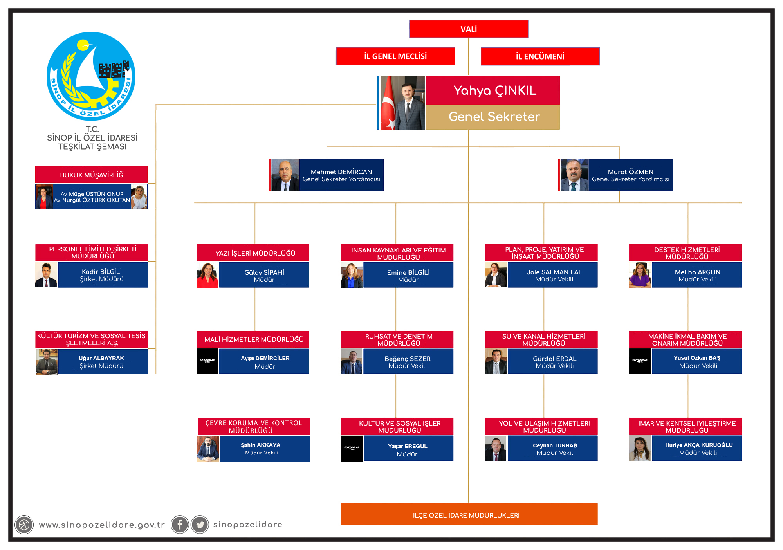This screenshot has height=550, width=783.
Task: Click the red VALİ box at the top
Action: pos(469,29)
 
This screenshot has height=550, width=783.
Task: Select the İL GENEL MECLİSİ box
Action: pos(395,56)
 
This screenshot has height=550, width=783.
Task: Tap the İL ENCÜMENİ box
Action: pos(540,56)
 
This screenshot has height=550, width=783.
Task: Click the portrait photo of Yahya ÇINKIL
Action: pos(402,103)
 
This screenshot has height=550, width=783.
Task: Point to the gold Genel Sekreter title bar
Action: pos(493,117)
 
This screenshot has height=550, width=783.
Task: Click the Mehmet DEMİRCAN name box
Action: pos(341,175)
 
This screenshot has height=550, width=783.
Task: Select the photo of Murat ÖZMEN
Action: pos(574,175)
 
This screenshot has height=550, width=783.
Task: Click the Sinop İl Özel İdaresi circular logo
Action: pos(91,76)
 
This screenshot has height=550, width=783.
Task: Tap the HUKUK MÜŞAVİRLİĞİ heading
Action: pos(92,175)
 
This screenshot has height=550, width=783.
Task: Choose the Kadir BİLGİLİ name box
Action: pos(103,275)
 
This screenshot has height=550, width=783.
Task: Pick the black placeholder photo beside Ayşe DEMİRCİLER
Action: pos(207,361)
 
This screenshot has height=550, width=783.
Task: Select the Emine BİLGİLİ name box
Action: pos(408,275)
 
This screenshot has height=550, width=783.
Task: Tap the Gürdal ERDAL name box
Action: pos(552,361)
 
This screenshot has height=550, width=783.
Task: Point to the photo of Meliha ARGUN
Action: pos(640,275)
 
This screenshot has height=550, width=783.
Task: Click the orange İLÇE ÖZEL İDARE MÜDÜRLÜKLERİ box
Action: pos(469,514)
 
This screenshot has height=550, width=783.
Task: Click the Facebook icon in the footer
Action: pos(180,525)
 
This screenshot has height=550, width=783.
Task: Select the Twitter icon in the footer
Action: pos(200,525)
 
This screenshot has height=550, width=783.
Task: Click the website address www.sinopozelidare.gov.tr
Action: pos(102,525)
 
